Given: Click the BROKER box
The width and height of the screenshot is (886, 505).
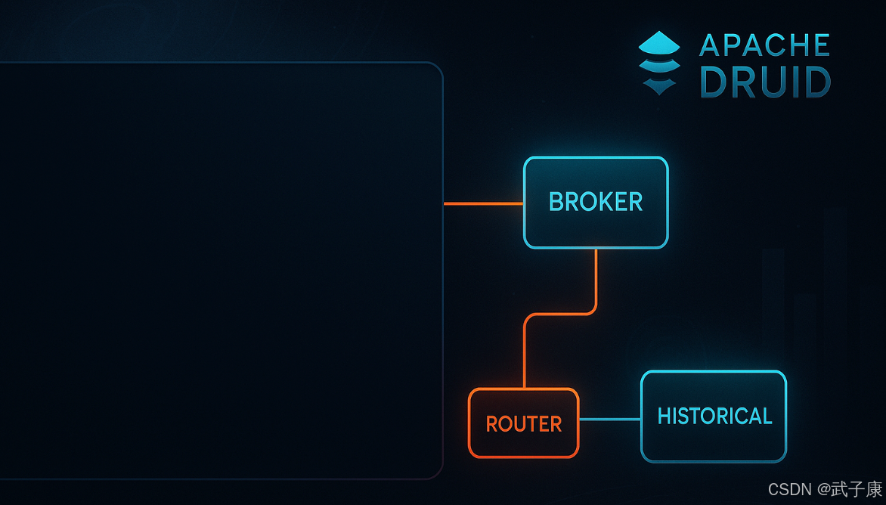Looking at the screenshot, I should click(596, 203).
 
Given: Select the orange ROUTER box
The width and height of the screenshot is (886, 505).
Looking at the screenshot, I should click(523, 423).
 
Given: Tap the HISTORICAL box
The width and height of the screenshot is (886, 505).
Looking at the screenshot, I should click(714, 417).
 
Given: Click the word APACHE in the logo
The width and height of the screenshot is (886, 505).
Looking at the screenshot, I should click(764, 45).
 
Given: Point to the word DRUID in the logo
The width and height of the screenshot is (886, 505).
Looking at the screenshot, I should click(765, 82).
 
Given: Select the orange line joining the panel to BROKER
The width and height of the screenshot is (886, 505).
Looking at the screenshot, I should click(483, 204).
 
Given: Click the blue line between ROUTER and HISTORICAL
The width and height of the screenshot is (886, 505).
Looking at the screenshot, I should click(609, 419).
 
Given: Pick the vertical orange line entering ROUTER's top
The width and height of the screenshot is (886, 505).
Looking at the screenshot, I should click(524, 355).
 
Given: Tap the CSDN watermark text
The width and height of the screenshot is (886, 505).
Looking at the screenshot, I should click(790, 489).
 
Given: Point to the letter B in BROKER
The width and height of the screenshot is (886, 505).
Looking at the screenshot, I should click(556, 203).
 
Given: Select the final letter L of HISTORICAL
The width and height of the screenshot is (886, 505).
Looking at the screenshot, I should click(767, 417).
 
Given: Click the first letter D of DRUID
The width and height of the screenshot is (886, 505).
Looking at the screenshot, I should click(714, 82).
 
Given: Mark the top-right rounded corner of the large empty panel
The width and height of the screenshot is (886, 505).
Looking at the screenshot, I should click(436, 69).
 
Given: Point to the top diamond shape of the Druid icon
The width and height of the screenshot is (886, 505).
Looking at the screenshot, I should click(659, 42).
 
